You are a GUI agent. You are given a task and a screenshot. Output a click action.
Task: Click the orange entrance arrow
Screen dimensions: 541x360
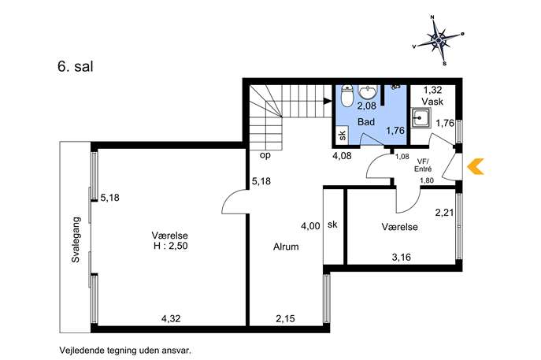474,166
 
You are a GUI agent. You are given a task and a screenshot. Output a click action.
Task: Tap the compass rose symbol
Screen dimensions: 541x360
439,40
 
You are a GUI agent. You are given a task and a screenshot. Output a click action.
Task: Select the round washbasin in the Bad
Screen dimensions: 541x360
368,92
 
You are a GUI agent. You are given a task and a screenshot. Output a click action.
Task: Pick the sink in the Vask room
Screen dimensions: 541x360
421,118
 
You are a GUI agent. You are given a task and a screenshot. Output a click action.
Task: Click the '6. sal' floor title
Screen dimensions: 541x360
76,67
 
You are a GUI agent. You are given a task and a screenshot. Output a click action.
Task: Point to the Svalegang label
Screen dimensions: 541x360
76,240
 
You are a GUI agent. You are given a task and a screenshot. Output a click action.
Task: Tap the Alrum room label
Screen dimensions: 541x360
286,247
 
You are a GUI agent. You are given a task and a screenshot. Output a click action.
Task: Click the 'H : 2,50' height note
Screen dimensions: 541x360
171,246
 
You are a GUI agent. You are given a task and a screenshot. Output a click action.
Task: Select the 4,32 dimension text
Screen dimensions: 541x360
171,318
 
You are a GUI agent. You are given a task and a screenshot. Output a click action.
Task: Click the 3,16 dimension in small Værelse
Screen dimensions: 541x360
402,258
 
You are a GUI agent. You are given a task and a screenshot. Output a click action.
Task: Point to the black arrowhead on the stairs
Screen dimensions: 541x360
328,101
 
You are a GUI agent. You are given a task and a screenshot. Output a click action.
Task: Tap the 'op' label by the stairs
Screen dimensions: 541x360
265,156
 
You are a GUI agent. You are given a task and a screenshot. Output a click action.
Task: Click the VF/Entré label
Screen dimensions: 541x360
424,165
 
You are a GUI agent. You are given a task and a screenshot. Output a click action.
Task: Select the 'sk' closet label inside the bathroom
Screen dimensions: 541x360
343,135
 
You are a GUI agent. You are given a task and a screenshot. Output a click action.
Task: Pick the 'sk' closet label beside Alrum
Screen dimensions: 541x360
332,225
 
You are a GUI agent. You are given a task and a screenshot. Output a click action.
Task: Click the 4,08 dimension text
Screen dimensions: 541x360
342,156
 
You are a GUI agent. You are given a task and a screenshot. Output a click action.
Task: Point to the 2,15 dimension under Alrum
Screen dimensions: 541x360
285,318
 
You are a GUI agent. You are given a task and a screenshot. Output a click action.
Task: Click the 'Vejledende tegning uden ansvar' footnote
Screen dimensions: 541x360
125,351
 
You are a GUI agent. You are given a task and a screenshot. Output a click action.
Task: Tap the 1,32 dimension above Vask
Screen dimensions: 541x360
432,90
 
